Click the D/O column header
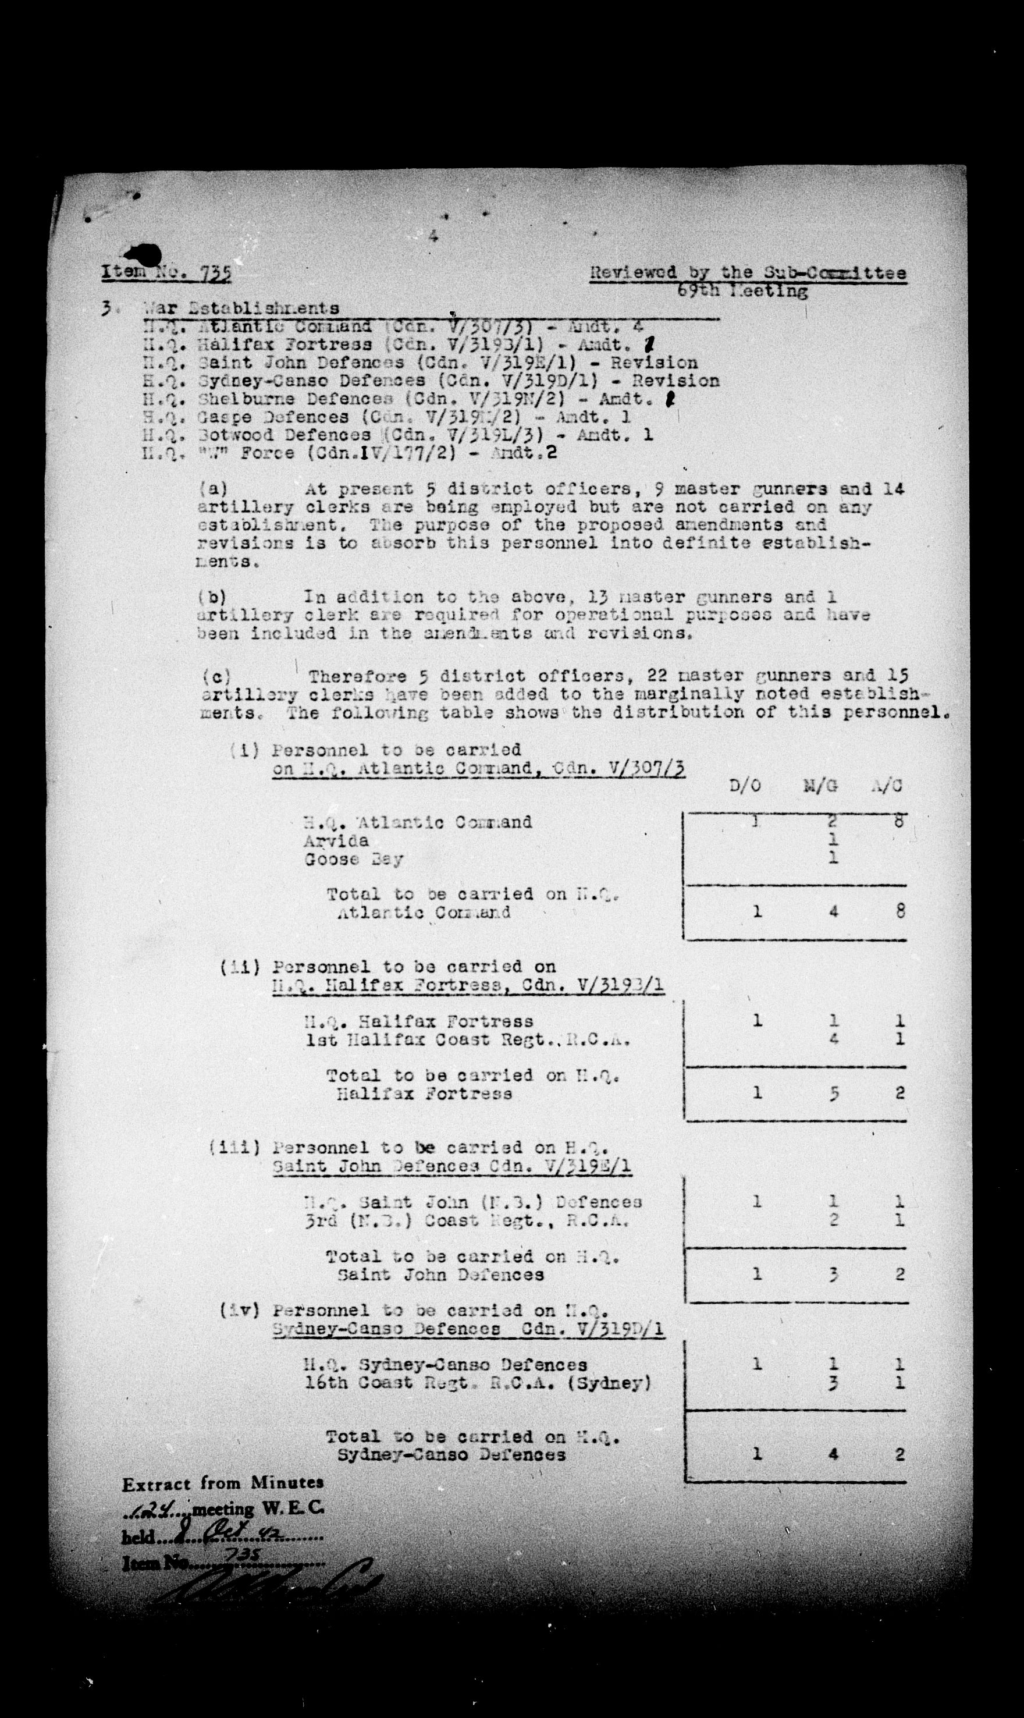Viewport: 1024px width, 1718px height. tap(745, 786)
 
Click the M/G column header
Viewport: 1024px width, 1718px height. tap(820, 786)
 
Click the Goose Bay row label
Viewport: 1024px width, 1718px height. tap(353, 860)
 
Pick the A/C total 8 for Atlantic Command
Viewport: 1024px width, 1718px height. tap(900, 911)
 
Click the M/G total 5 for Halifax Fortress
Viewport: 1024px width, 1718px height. tap(834, 1092)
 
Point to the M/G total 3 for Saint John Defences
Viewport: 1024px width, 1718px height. tap(834, 1274)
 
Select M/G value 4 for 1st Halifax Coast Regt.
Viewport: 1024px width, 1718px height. tap(834, 1038)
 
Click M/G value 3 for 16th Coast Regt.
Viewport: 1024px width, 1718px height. tap(834, 1383)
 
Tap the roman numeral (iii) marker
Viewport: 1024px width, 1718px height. tap(235, 1147)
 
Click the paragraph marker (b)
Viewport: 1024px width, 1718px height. tap(212, 597)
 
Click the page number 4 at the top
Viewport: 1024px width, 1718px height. tap(433, 236)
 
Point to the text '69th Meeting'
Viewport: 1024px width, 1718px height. tap(742, 291)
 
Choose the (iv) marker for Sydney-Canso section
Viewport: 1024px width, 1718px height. tap(239, 1310)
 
